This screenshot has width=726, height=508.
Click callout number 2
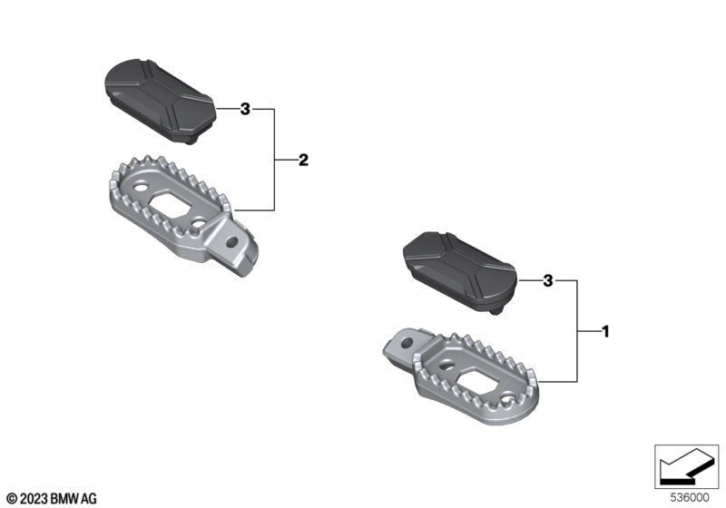coord(303,160)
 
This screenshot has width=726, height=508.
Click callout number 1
coord(605,332)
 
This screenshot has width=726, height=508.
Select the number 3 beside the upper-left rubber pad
coord(245,109)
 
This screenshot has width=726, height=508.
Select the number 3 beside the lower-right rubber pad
coord(548,280)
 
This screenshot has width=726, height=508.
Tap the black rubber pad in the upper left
coord(161,100)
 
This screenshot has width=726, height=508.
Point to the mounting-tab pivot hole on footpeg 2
coord(232,241)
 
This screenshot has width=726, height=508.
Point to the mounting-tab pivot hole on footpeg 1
coord(407,343)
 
